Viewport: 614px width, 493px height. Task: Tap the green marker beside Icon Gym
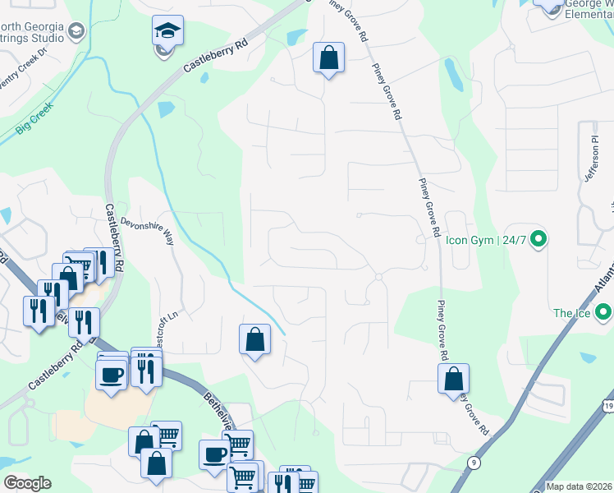tap(538, 240)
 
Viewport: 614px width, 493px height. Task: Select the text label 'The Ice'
tap(571, 313)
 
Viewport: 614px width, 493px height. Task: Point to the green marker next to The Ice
tap(603, 312)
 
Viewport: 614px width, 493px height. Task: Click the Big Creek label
tap(34, 118)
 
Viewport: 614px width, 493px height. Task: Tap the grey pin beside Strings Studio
tap(76, 32)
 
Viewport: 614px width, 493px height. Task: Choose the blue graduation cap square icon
tap(167, 33)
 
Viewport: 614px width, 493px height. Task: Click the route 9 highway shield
tap(474, 463)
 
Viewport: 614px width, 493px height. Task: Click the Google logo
tap(27, 483)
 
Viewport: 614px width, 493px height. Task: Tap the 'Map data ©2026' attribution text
tap(580, 486)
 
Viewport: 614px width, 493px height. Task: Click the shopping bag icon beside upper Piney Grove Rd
tap(328, 58)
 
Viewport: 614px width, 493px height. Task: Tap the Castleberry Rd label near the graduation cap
tap(216, 60)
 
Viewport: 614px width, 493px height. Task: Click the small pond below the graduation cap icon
tap(166, 108)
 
